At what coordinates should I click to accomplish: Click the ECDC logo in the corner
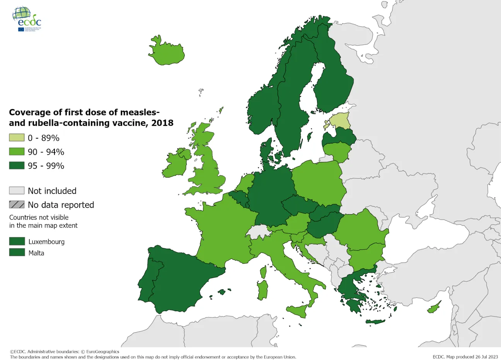coord(27,19)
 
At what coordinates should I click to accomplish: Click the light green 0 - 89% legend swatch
coord(17,138)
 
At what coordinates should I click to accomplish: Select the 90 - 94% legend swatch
coord(17,152)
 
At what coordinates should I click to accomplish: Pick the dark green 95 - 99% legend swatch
coord(17,165)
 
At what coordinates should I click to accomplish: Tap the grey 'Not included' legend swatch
coord(17,191)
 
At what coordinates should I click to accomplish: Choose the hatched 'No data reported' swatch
coord(17,205)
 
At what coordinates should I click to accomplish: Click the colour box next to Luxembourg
coord(17,241)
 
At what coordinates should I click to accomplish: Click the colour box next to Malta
coord(17,253)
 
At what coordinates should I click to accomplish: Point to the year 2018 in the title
coord(162,123)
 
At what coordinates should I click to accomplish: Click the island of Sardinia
coord(263,290)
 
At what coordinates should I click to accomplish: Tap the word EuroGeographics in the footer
coord(102,352)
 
